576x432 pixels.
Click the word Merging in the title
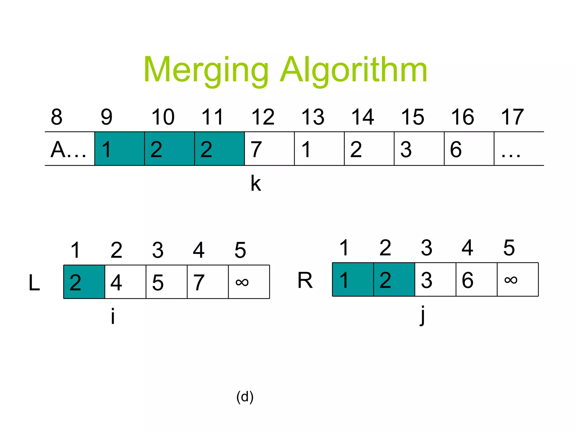tap(206, 70)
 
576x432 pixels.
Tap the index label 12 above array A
tap(263, 117)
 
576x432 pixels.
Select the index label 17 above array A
tap(512, 117)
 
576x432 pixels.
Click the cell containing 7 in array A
tap(269, 149)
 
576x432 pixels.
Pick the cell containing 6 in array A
tap(469, 149)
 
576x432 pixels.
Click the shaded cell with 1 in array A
tap(120, 149)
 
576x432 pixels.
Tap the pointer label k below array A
tap(256, 183)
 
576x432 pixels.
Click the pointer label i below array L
tap(113, 316)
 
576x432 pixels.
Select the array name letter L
tap(34, 283)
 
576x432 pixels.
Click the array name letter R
tap(305, 280)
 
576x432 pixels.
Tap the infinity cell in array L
tap(249, 282)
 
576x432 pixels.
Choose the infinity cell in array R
tap(518, 280)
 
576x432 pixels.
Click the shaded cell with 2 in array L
tap(84, 282)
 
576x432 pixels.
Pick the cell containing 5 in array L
tap(166, 282)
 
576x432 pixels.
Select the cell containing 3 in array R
tap(435, 280)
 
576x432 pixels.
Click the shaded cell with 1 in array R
tap(353, 280)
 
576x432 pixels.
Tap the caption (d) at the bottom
tap(245, 397)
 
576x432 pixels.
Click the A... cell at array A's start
tap(69, 149)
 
